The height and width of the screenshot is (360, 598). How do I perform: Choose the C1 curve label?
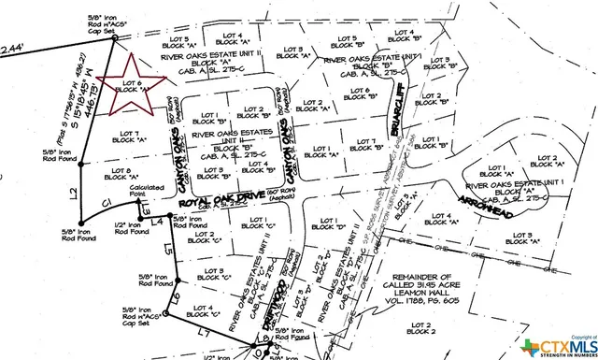(107, 202)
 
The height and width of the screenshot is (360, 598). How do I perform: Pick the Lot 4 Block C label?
(206, 310)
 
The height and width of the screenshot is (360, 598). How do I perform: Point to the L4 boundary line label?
(158, 222)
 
